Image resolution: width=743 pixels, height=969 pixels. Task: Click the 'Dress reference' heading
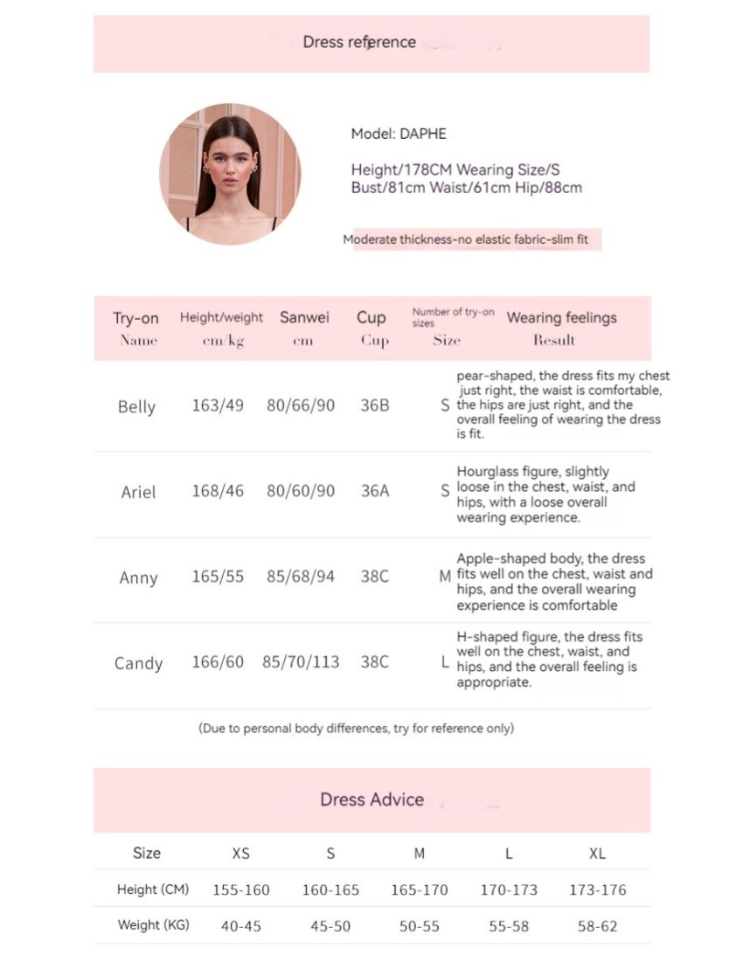tap(359, 42)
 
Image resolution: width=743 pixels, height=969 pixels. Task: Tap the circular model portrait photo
tap(230, 174)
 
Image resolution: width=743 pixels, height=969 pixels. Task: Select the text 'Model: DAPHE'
tap(399, 134)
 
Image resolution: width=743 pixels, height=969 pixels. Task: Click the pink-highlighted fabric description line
tap(472, 239)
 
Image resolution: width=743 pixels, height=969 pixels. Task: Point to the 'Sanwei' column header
tap(304, 317)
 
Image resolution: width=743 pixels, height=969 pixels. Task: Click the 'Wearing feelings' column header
tap(561, 317)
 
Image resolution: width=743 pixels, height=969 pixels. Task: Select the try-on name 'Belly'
tap(136, 406)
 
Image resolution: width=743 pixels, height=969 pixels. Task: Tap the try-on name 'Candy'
tap(138, 663)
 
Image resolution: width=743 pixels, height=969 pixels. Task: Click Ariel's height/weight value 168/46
tap(218, 491)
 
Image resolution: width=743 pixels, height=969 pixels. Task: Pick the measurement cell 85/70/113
tap(301, 662)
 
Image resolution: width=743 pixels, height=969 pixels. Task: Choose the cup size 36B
tap(375, 406)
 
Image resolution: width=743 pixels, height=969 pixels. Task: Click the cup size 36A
tap(375, 491)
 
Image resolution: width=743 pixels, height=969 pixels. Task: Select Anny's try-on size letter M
tap(445, 577)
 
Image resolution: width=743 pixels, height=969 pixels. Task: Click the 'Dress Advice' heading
tap(371, 799)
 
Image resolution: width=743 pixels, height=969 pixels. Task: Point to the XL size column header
tap(597, 854)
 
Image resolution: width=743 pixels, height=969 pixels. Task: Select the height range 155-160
tap(241, 890)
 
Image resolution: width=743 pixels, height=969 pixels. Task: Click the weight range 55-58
tap(508, 926)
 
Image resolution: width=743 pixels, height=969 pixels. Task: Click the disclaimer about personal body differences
tap(356, 728)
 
